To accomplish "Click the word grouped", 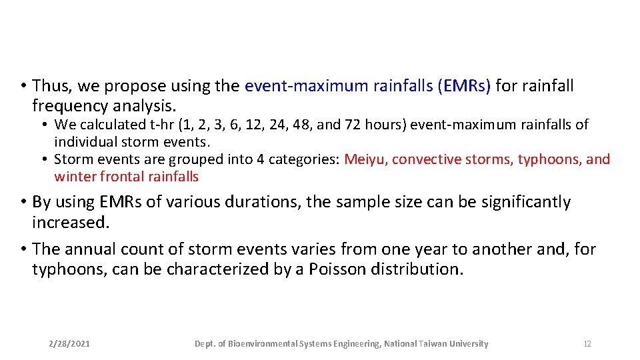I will click(x=195, y=159).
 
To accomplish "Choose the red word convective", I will click(x=427, y=159).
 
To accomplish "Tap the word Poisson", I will click(x=337, y=269).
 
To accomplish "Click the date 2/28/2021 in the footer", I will click(x=70, y=344).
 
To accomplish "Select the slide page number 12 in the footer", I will click(x=587, y=344).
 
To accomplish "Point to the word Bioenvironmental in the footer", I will click(x=263, y=344).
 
